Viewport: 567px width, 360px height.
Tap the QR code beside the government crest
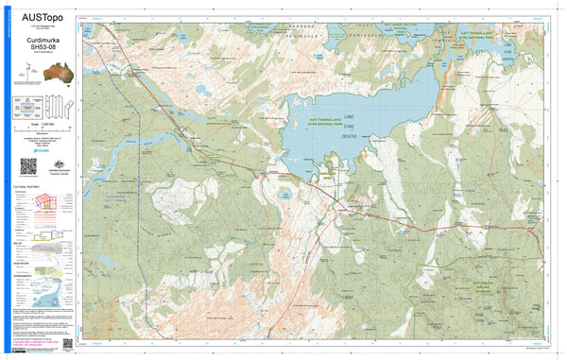pyautogui.click(x=27, y=165)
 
